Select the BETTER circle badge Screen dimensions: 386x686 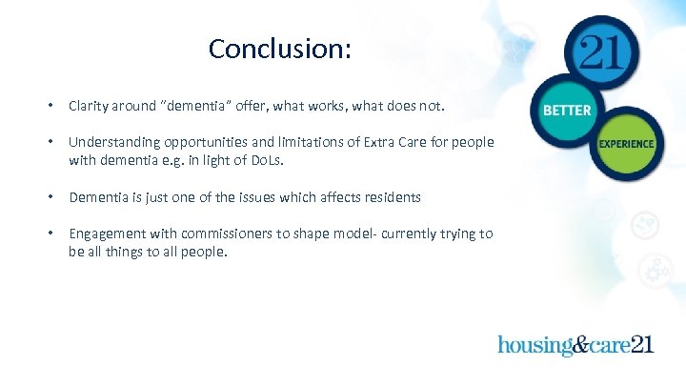[x=567, y=111]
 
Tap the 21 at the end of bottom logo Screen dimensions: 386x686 [x=642, y=344]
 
